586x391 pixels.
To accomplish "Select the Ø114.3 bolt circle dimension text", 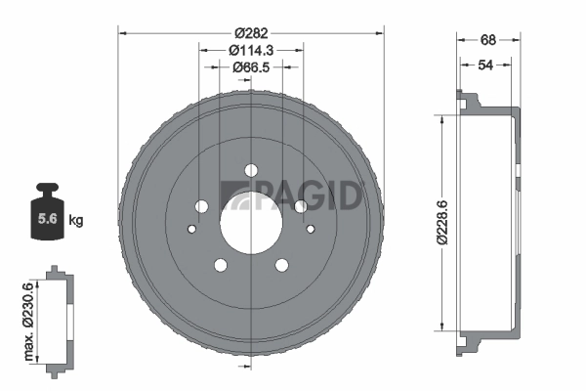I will pyautogui.click(x=251, y=49).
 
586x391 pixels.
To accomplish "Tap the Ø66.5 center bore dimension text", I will pyautogui.click(x=251, y=66).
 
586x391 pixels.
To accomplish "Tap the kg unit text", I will pyautogui.click(x=77, y=221).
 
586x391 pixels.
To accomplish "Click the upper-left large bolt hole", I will pyautogui.click(x=202, y=206).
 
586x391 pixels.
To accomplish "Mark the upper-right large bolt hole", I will pyautogui.click(x=300, y=206).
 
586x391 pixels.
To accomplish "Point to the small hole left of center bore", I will pyautogui.click(x=191, y=230).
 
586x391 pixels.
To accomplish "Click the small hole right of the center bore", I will pyautogui.click(x=311, y=230).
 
